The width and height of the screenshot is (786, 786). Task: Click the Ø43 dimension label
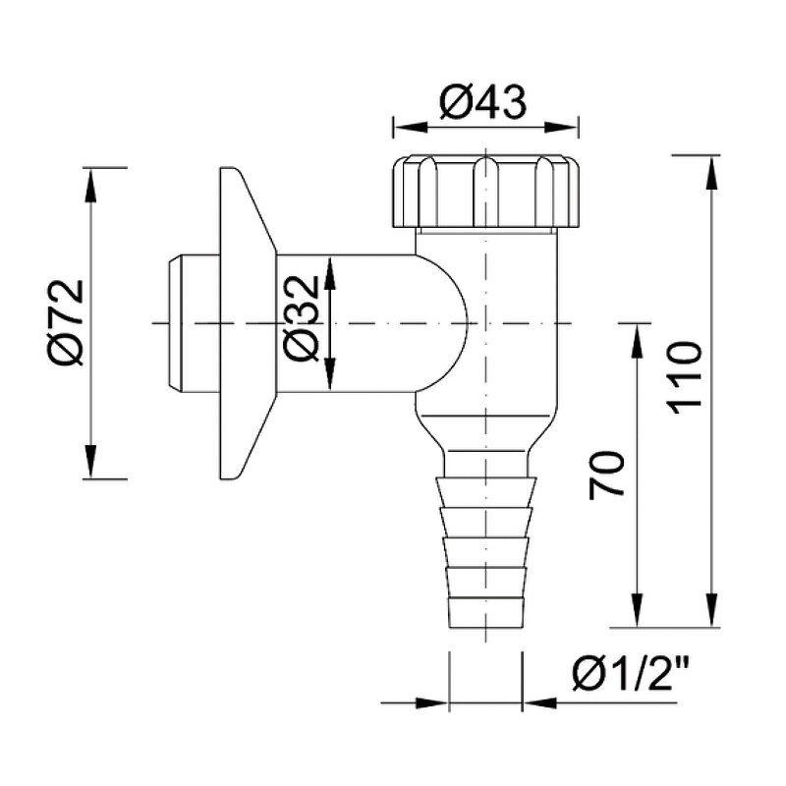(483, 102)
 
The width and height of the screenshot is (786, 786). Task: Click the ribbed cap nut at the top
(485, 192)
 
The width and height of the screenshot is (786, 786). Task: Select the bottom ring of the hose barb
(485, 611)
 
